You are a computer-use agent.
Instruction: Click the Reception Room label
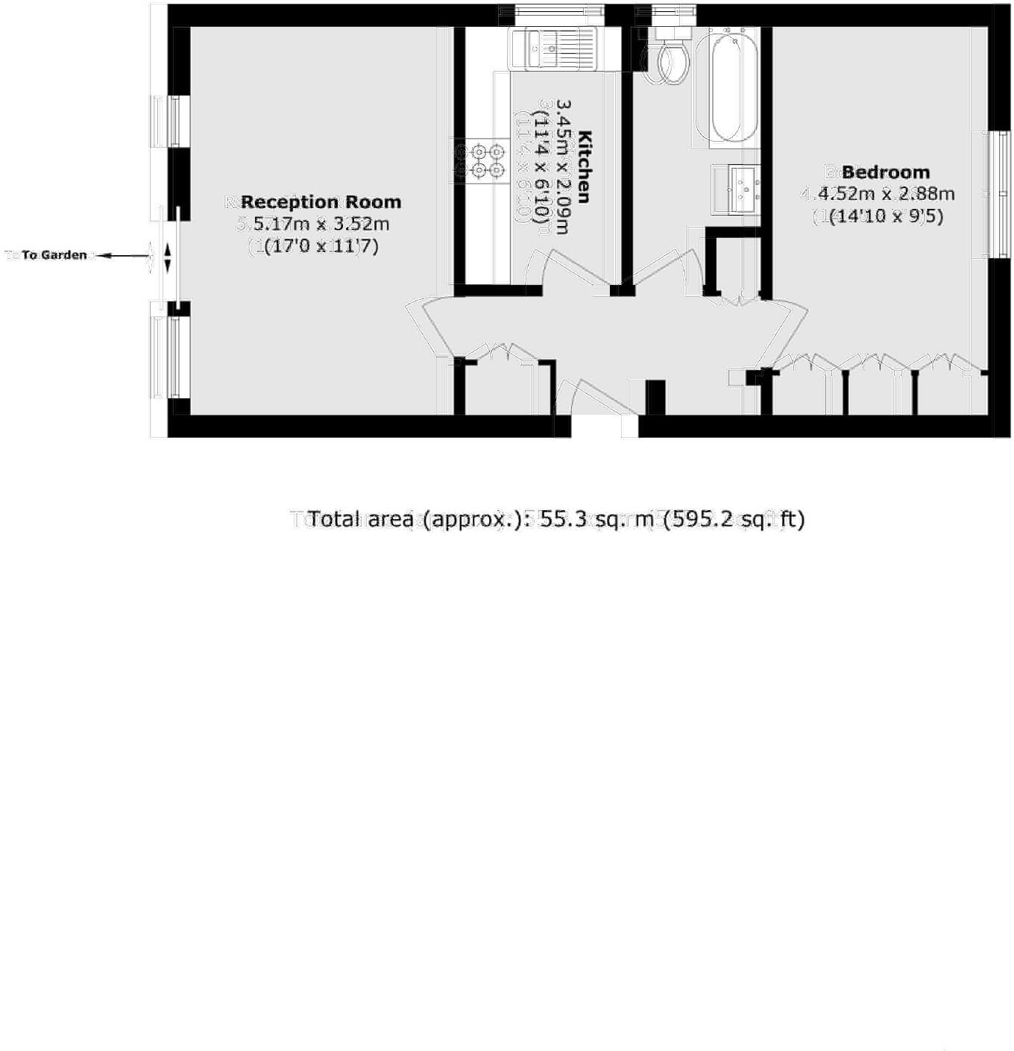[x=321, y=202]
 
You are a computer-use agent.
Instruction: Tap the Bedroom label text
[x=886, y=173]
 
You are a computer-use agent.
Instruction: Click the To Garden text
[x=54, y=255]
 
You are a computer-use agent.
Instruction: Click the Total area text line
[x=555, y=518]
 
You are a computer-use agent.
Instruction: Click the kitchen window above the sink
[x=551, y=13]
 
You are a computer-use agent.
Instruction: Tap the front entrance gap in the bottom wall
[x=605, y=427]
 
